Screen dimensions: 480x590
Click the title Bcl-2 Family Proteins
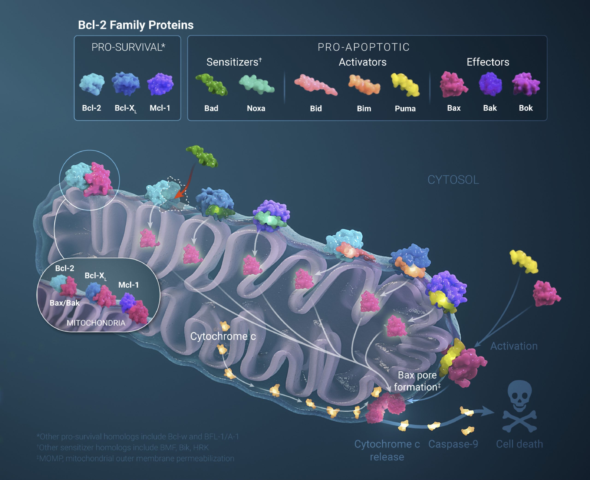click(136, 25)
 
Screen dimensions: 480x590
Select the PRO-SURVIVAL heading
click(128, 47)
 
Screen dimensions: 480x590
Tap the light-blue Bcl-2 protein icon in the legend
click(92, 84)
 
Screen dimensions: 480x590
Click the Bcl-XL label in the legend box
click(125, 108)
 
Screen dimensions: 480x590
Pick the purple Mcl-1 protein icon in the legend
click(160, 84)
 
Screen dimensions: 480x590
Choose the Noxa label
click(256, 108)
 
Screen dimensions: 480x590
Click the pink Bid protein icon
click(316, 85)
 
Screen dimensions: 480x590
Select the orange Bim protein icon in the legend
click(364, 85)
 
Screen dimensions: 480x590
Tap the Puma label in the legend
click(405, 109)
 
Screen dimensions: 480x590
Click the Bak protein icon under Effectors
click(490, 84)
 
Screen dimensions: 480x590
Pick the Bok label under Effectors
click(525, 108)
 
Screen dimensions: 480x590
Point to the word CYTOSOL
click(453, 180)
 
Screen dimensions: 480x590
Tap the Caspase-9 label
click(453, 444)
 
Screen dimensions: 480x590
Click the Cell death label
click(519, 444)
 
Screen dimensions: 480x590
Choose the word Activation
click(514, 346)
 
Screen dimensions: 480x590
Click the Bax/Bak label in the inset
click(65, 303)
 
